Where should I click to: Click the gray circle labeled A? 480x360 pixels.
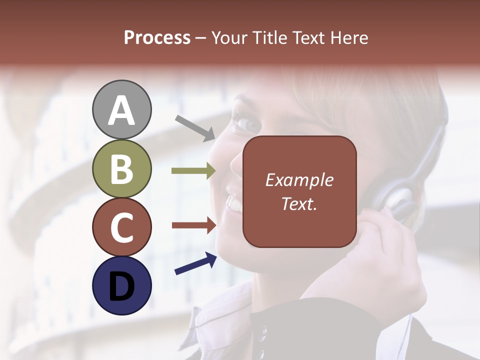coord(121,110)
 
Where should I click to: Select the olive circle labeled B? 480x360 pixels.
coord(121,169)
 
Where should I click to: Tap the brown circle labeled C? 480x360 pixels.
coord(121,227)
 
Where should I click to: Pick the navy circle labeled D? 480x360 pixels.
coord(121,285)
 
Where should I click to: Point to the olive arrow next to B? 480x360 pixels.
coord(193,171)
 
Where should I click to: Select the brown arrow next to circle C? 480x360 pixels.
coord(193,225)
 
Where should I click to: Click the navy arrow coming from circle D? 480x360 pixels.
coord(195,263)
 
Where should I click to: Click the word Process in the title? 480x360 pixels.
coord(157,38)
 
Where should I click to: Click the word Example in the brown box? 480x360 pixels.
coord(299,180)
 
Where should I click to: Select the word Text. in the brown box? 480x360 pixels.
coord(299,204)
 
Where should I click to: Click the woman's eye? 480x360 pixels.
coord(246,123)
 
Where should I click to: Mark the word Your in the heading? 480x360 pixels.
coord(229,38)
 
